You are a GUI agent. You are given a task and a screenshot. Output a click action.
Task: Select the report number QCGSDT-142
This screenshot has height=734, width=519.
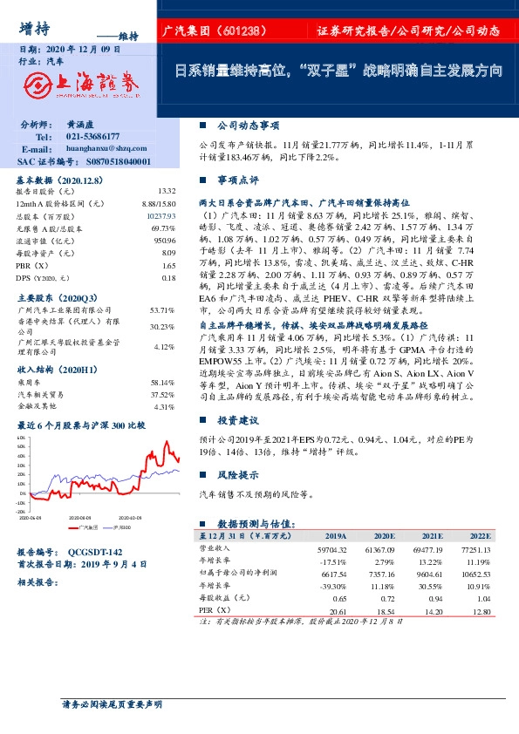[x=96, y=553]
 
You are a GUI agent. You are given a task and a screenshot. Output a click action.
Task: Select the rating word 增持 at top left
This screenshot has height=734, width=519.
[x=32, y=27]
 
